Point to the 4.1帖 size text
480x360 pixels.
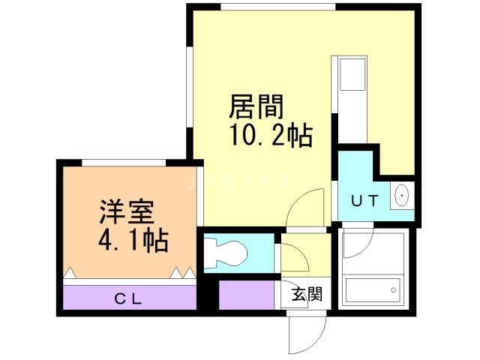coord(133,241)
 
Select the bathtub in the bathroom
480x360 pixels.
coord(372,289)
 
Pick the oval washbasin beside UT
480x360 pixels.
coord(401,196)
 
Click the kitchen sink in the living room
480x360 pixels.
coord(352,75)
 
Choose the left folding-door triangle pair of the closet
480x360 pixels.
coord(71,273)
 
